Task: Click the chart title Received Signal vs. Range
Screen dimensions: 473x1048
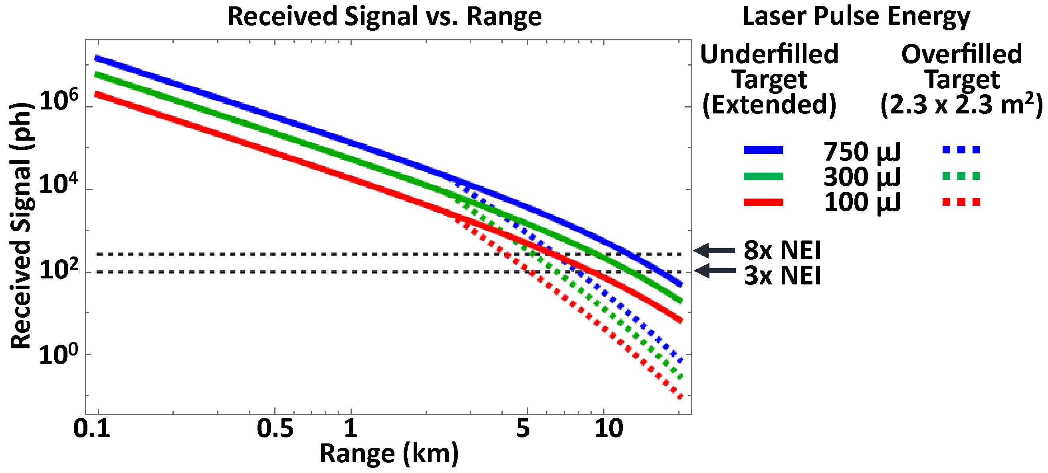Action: click(384, 17)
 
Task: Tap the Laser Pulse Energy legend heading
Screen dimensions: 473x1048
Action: click(856, 17)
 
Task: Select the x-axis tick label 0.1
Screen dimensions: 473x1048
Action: click(92, 429)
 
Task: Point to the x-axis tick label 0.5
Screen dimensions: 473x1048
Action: click(275, 429)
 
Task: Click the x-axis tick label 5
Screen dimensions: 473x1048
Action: click(523, 429)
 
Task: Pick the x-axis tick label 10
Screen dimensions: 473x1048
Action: click(608, 429)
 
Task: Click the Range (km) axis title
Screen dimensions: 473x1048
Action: click(389, 454)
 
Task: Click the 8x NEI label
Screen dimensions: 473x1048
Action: click(782, 250)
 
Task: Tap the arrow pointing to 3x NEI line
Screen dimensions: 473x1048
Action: click(714, 270)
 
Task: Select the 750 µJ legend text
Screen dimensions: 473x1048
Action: click(862, 151)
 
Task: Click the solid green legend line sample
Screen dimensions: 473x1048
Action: click(763, 176)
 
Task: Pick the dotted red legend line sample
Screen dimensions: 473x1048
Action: click(961, 202)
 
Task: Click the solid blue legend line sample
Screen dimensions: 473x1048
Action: click(763, 150)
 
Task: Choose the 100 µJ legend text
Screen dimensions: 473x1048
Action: click(862, 202)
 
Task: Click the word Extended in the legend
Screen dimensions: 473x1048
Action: click(769, 104)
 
